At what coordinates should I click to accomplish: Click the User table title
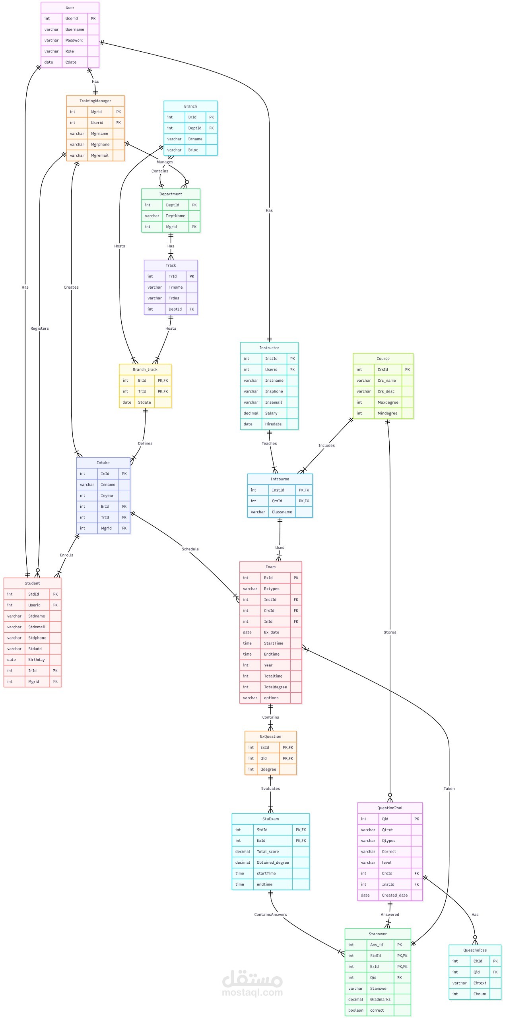[x=70, y=8]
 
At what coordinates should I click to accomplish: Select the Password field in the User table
[x=74, y=40]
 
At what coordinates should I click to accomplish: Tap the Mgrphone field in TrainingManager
[x=100, y=144]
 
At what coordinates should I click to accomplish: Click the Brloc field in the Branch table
[x=193, y=150]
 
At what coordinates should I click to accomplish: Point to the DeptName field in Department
[x=175, y=216]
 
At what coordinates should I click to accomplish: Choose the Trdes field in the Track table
[x=174, y=298]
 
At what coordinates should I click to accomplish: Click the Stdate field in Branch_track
[x=144, y=402]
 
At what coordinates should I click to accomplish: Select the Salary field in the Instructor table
[x=271, y=413]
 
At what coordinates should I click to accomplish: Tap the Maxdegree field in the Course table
[x=388, y=402]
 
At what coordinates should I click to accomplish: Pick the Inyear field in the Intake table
[x=107, y=495]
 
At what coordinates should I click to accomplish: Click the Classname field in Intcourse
[x=282, y=512]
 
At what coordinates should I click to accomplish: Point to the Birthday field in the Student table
[x=36, y=660]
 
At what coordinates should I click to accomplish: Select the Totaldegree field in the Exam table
[x=275, y=687]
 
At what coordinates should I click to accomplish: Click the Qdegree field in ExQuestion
[x=268, y=769]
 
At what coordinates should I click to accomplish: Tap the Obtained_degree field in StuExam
[x=273, y=863]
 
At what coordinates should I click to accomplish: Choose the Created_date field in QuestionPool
[x=394, y=896]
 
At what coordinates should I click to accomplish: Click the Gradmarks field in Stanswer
[x=380, y=999]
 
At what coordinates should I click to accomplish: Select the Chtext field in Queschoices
[x=480, y=983]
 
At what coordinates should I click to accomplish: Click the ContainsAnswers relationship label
[x=270, y=915]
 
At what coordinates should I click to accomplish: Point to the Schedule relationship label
[x=190, y=549]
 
